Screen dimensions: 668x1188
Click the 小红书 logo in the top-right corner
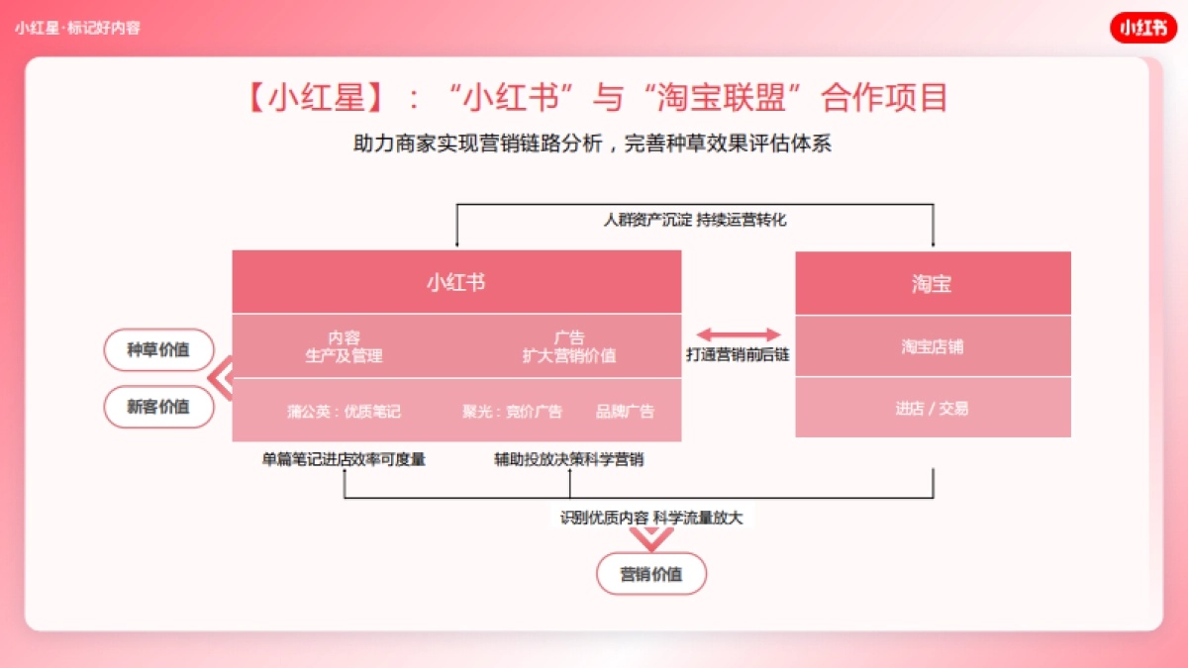pyautogui.click(x=1142, y=28)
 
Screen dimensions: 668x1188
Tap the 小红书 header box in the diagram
pyautogui.click(x=456, y=282)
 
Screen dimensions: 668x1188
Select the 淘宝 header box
pyautogui.click(x=933, y=283)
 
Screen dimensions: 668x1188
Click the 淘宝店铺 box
pyautogui.click(x=933, y=347)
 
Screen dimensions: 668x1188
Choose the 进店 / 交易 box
pyautogui.click(x=933, y=408)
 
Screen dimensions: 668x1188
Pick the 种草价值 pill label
pyautogui.click(x=158, y=349)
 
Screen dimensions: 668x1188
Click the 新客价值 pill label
pyautogui.click(x=158, y=407)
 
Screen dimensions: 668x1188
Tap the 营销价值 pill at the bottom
pyautogui.click(x=651, y=574)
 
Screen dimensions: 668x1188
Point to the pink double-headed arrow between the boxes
pyautogui.click(x=739, y=335)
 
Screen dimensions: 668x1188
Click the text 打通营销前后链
pyautogui.click(x=739, y=354)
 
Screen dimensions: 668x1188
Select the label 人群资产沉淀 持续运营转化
pyautogui.click(x=695, y=220)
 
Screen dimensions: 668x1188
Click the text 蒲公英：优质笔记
pyautogui.click(x=345, y=412)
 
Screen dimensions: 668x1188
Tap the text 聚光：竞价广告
pyautogui.click(x=512, y=412)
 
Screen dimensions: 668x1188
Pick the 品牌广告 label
pyautogui.click(x=625, y=412)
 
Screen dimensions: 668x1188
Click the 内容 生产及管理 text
pyautogui.click(x=344, y=346)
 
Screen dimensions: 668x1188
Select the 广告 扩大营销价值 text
pyautogui.click(x=569, y=346)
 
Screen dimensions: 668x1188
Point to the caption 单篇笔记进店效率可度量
pyautogui.click(x=344, y=460)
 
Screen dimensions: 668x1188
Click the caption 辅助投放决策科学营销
pyautogui.click(x=569, y=460)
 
